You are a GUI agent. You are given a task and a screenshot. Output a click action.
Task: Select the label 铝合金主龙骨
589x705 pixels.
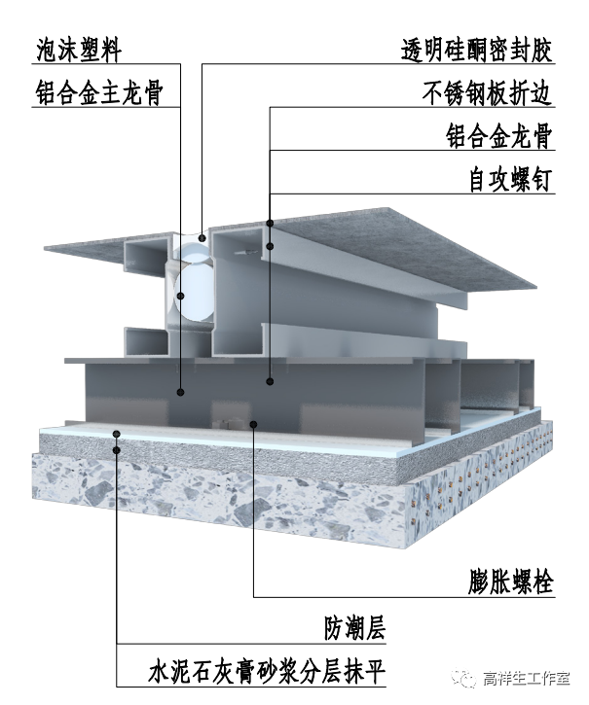pos(96,93)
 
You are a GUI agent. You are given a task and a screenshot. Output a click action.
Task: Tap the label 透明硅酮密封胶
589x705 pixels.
pos(477,51)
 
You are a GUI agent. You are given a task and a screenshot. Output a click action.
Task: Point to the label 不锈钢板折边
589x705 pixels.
pos(488,93)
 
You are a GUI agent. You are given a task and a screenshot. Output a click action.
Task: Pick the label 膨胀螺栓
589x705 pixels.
pos(509,583)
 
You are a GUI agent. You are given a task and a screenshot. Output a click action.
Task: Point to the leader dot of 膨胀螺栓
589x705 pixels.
pos(253,423)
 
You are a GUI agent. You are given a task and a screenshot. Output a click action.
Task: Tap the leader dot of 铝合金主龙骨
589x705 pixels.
pos(181,392)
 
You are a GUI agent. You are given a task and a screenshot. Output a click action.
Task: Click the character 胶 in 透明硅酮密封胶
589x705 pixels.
pos(541,51)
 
